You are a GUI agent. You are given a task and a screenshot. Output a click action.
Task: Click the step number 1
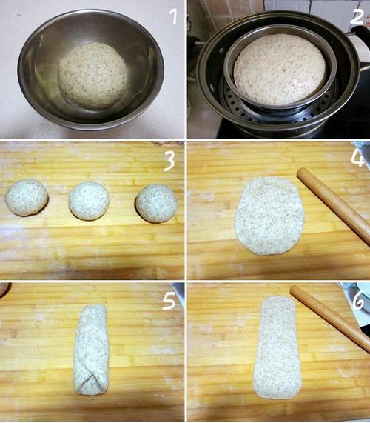pos(174,16)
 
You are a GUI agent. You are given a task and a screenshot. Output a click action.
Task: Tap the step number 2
pos(357,16)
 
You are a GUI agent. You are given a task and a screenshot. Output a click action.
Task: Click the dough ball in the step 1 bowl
pos(93,76)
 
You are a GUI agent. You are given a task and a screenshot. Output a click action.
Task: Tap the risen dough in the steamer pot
pos(280,70)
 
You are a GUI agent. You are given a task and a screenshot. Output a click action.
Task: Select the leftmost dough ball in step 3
pos(27,197)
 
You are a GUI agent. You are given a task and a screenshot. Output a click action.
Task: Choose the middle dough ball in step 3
pos(90,201)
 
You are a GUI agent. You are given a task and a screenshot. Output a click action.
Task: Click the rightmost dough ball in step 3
pos(156,204)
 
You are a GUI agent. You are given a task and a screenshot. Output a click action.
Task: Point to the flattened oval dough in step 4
pos(269,216)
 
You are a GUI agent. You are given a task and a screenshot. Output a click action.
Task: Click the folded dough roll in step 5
pos(91,350)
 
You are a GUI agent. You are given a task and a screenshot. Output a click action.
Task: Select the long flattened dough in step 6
pos(277,348)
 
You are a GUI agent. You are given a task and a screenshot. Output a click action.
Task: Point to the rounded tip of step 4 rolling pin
pos(300,172)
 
